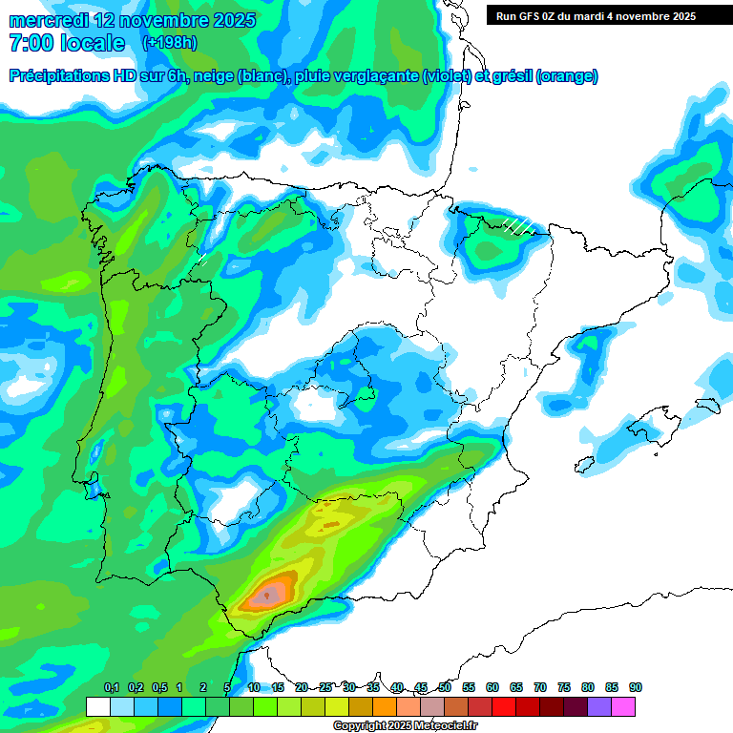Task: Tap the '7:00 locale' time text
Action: (x=67, y=43)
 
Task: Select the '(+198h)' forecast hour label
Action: (x=169, y=43)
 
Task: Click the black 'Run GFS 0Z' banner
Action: (x=609, y=15)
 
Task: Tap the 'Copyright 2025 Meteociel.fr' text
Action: (x=406, y=726)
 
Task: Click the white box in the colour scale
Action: (x=98, y=706)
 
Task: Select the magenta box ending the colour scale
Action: (x=623, y=706)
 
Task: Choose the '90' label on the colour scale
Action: (x=636, y=687)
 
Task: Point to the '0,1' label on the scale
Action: (x=111, y=687)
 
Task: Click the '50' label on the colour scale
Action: (x=445, y=687)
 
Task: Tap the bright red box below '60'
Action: (x=504, y=706)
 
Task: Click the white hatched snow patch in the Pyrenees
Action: (x=516, y=224)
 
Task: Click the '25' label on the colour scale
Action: (x=325, y=687)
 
